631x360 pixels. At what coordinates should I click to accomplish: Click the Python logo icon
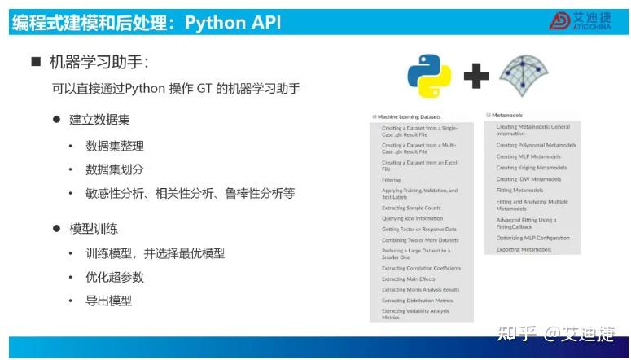tap(428, 76)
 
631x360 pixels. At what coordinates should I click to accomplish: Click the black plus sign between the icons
tap(476, 77)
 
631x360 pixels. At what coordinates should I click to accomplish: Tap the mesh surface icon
tap(524, 76)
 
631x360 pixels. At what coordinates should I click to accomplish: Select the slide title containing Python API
tap(147, 22)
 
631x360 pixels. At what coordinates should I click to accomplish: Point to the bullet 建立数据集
tap(99, 120)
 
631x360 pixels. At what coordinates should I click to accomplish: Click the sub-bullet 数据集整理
tap(115, 146)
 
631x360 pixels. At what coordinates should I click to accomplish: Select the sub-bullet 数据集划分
tap(115, 169)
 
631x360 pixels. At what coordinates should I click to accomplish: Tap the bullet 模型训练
tap(99, 229)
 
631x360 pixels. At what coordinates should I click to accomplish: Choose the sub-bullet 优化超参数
tap(115, 277)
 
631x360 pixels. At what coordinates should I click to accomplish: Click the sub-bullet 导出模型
tap(108, 301)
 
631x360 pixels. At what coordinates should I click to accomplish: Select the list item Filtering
tap(392, 180)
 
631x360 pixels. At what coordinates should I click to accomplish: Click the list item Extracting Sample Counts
tap(412, 208)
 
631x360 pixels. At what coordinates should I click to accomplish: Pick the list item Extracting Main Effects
tap(409, 279)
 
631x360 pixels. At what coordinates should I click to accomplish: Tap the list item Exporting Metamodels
tap(524, 249)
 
